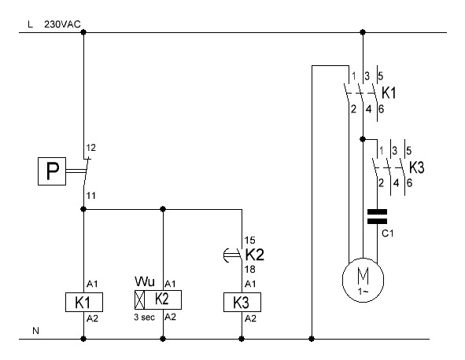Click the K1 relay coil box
point(84,302)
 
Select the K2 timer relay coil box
point(158,299)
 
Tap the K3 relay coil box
point(242,302)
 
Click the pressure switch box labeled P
point(52,171)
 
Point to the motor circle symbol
point(363,280)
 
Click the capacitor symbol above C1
point(377,217)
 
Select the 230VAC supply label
point(62,24)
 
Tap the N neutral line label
point(35,331)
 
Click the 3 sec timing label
point(144,318)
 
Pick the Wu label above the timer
point(145,281)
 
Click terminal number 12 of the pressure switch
point(91,148)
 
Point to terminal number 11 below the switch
point(90,196)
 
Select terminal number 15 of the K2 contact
point(249,240)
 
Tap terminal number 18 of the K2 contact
point(249,270)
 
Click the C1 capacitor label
point(388,233)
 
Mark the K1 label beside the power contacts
point(389,93)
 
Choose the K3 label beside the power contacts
point(417,167)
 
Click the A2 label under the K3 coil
point(250,318)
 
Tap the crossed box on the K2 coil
point(140,299)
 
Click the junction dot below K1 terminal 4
point(363,139)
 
